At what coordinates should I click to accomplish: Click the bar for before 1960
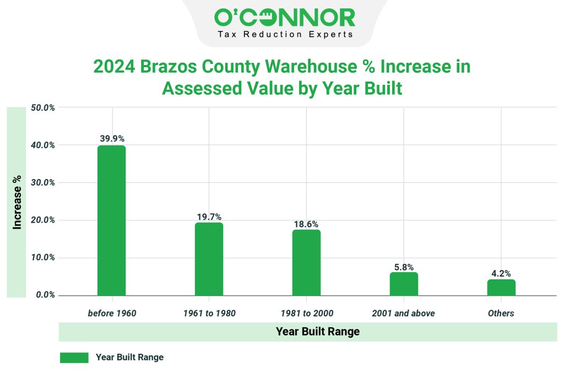(111, 220)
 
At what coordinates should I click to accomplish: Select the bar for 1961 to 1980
(209, 258)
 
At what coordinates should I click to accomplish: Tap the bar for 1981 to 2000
(306, 262)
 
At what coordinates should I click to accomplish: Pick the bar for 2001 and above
(404, 284)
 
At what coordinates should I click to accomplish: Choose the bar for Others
(501, 287)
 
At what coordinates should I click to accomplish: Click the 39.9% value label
(112, 138)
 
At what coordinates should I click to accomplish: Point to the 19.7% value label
(209, 217)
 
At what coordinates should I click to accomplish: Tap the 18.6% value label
(306, 224)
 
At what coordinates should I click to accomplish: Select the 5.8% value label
(404, 267)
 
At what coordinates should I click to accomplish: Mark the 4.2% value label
(501, 273)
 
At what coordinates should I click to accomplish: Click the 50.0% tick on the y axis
(42, 107)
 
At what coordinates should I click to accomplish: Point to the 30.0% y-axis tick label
(42, 182)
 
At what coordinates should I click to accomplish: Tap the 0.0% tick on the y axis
(44, 295)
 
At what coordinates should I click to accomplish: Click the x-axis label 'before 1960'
(112, 313)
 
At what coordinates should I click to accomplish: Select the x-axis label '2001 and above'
(404, 313)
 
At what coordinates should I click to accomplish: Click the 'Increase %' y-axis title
(18, 202)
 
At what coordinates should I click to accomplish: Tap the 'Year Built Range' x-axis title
(310, 332)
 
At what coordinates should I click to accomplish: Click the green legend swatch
(74, 358)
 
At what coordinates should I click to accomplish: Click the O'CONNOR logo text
(284, 18)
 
